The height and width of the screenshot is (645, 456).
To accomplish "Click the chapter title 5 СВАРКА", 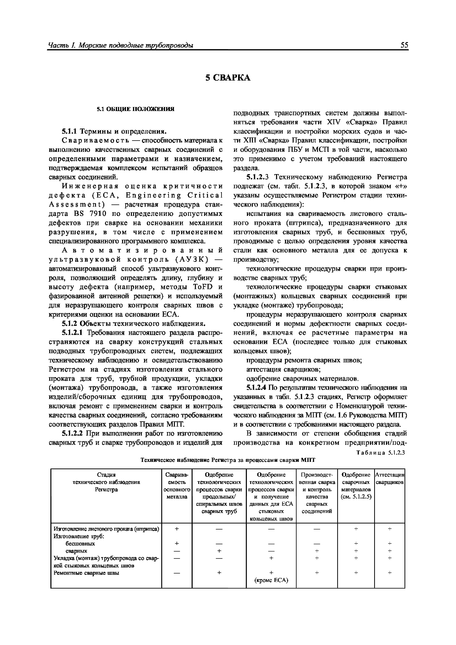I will point(228,78).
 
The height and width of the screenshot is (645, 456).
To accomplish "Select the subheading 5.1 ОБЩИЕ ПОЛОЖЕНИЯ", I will point(136,109).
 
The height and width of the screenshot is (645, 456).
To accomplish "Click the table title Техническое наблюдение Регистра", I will point(228,460).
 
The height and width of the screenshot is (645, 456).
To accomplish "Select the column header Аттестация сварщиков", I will point(389,478).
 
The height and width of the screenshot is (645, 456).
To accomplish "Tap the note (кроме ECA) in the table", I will point(271,580).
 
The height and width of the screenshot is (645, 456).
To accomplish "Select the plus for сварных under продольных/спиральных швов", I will point(219,551).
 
